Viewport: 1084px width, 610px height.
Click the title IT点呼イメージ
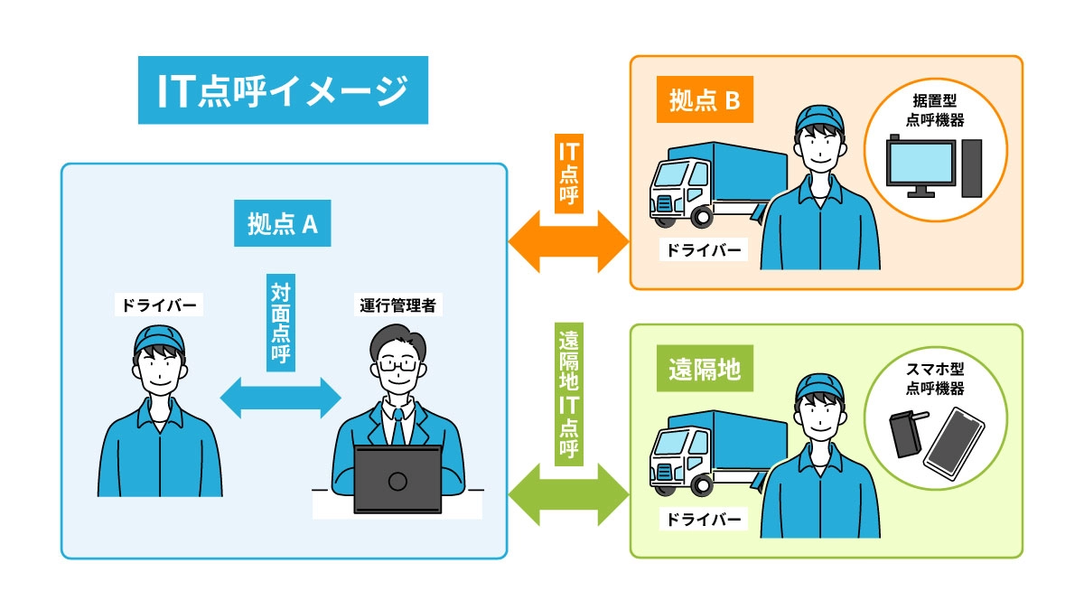pos(283,90)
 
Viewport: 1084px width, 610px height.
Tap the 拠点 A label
pos(282,223)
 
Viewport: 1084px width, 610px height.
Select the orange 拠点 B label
pos(705,101)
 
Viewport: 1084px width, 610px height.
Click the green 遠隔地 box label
pos(705,371)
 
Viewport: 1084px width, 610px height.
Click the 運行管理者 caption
pos(397,305)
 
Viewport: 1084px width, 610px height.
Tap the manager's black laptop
pos(397,480)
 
